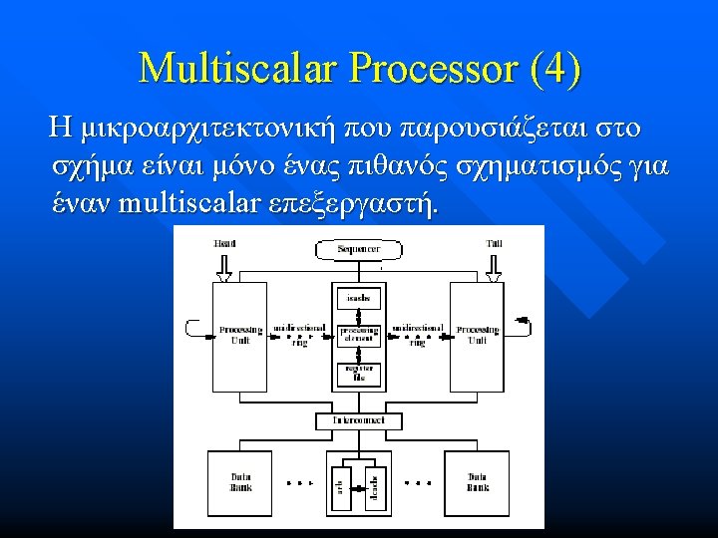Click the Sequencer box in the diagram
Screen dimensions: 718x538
357,248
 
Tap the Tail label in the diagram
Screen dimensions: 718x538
493,243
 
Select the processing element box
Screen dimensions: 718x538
359,335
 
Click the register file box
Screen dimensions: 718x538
358,374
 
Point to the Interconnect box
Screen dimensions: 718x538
358,420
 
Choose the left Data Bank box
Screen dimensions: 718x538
240,481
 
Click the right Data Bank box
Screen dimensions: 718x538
477,481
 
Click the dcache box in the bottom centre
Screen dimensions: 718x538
375,486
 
